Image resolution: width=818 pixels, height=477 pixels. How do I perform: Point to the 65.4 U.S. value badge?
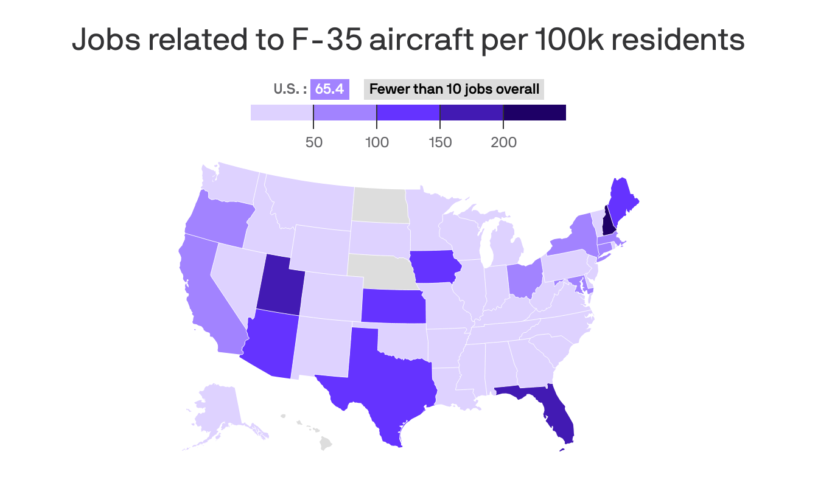[x=329, y=89]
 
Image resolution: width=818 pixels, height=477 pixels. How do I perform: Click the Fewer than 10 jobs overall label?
[x=454, y=89]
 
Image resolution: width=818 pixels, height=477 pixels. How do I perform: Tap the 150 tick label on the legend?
[x=440, y=143]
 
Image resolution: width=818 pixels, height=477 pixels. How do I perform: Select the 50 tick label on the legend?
[x=313, y=143]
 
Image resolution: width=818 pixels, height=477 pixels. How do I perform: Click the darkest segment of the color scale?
[x=534, y=113]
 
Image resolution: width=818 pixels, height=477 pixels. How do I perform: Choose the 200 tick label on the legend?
[x=503, y=143]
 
